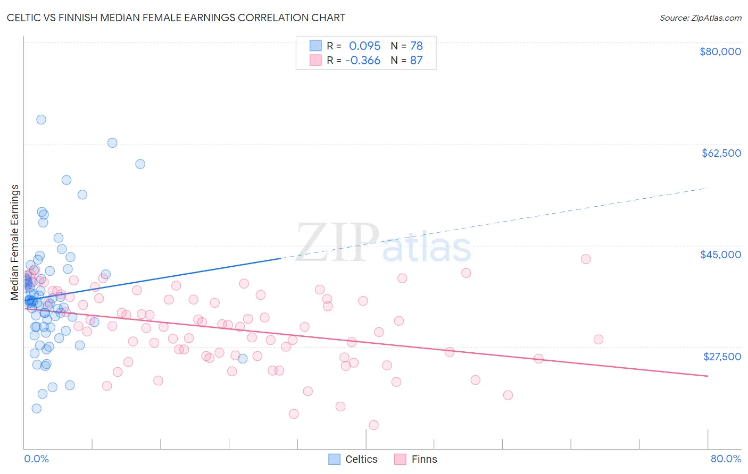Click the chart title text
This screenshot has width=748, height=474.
[x=176, y=18]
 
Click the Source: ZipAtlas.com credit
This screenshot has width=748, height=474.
[x=700, y=18]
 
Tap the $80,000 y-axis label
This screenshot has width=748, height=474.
[x=720, y=52]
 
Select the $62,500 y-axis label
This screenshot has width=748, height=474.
[x=721, y=153]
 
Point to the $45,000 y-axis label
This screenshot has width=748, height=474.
[x=720, y=255]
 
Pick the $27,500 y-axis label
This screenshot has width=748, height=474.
[x=722, y=357]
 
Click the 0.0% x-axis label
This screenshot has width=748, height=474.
[x=36, y=459]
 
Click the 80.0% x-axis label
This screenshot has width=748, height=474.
[x=726, y=459]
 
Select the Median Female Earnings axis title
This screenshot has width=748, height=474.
[x=15, y=242]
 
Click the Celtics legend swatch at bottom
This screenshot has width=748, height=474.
[x=334, y=459]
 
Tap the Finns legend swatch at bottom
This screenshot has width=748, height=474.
[x=400, y=459]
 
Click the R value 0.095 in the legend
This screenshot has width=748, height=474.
[x=364, y=46]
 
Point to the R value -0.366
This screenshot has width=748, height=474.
[x=363, y=61]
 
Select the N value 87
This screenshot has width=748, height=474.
[x=416, y=61]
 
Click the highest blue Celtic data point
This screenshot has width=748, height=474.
[x=41, y=120]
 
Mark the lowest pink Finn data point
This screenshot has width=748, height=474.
[x=373, y=425]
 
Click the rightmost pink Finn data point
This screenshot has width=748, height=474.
[x=598, y=340]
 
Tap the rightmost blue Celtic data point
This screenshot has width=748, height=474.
[x=243, y=359]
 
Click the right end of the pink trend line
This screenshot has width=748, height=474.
[x=708, y=376]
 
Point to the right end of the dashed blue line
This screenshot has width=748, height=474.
[x=708, y=188]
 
